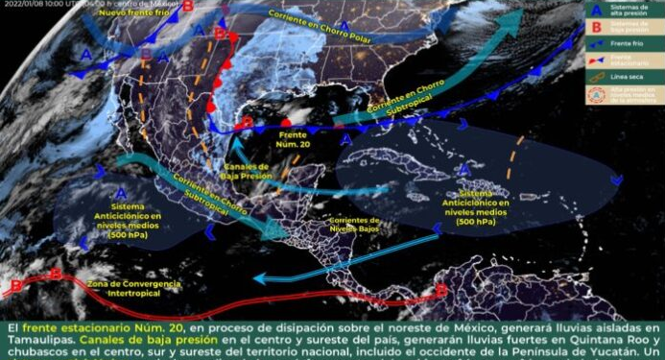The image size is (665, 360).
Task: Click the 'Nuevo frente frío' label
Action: coord(137,12)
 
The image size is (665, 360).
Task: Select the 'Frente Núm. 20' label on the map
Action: coord(292,140)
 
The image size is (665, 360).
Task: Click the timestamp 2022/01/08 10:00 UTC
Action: coord(48,4)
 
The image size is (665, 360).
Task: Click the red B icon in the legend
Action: coord(595,29)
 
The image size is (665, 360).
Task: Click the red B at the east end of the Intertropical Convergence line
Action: coord(440,289)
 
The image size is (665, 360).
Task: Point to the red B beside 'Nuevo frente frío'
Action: coord(188,6)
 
